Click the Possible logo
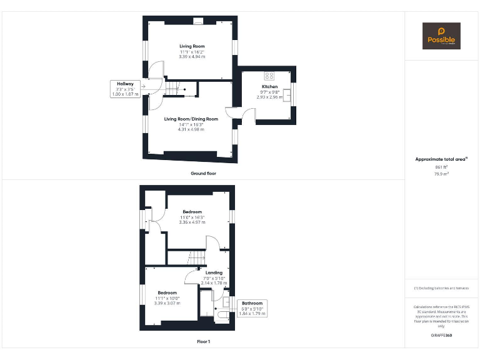[x=441, y=36]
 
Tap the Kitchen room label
[x=269, y=87]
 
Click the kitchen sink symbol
[x=287, y=96]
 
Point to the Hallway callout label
[x=125, y=84]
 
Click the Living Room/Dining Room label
[x=191, y=119]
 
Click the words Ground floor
[x=203, y=173]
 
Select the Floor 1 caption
[x=203, y=342]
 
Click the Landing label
[x=214, y=272]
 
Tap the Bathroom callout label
[x=252, y=303]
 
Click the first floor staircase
[x=197, y=257]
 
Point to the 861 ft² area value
[x=441, y=167]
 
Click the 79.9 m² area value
[x=441, y=174]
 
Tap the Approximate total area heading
[x=440, y=159]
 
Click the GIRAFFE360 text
[x=441, y=336]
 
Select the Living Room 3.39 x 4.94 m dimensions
[x=192, y=56]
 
